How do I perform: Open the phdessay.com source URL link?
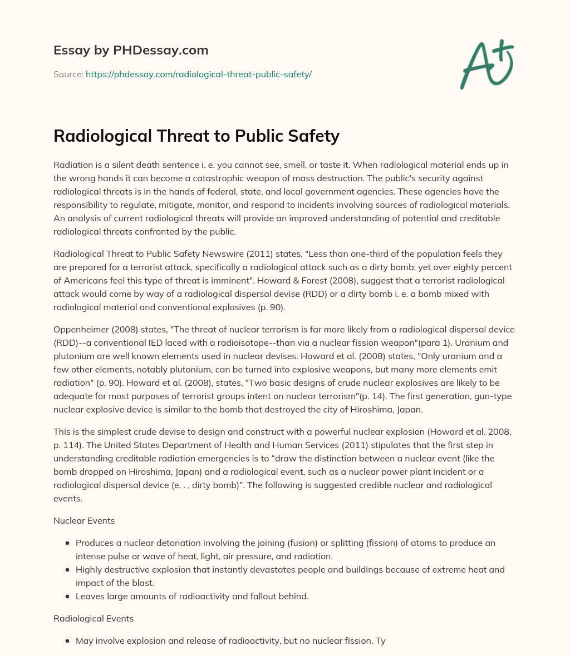tap(199, 74)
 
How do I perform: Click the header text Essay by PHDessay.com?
tap(131, 50)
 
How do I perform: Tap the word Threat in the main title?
tap(172, 136)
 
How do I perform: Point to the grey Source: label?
tap(68, 74)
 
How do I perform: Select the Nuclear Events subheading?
tap(84, 521)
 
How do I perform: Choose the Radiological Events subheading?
tap(94, 618)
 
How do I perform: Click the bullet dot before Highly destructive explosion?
tap(67, 570)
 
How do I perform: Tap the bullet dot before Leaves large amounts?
tap(67, 597)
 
